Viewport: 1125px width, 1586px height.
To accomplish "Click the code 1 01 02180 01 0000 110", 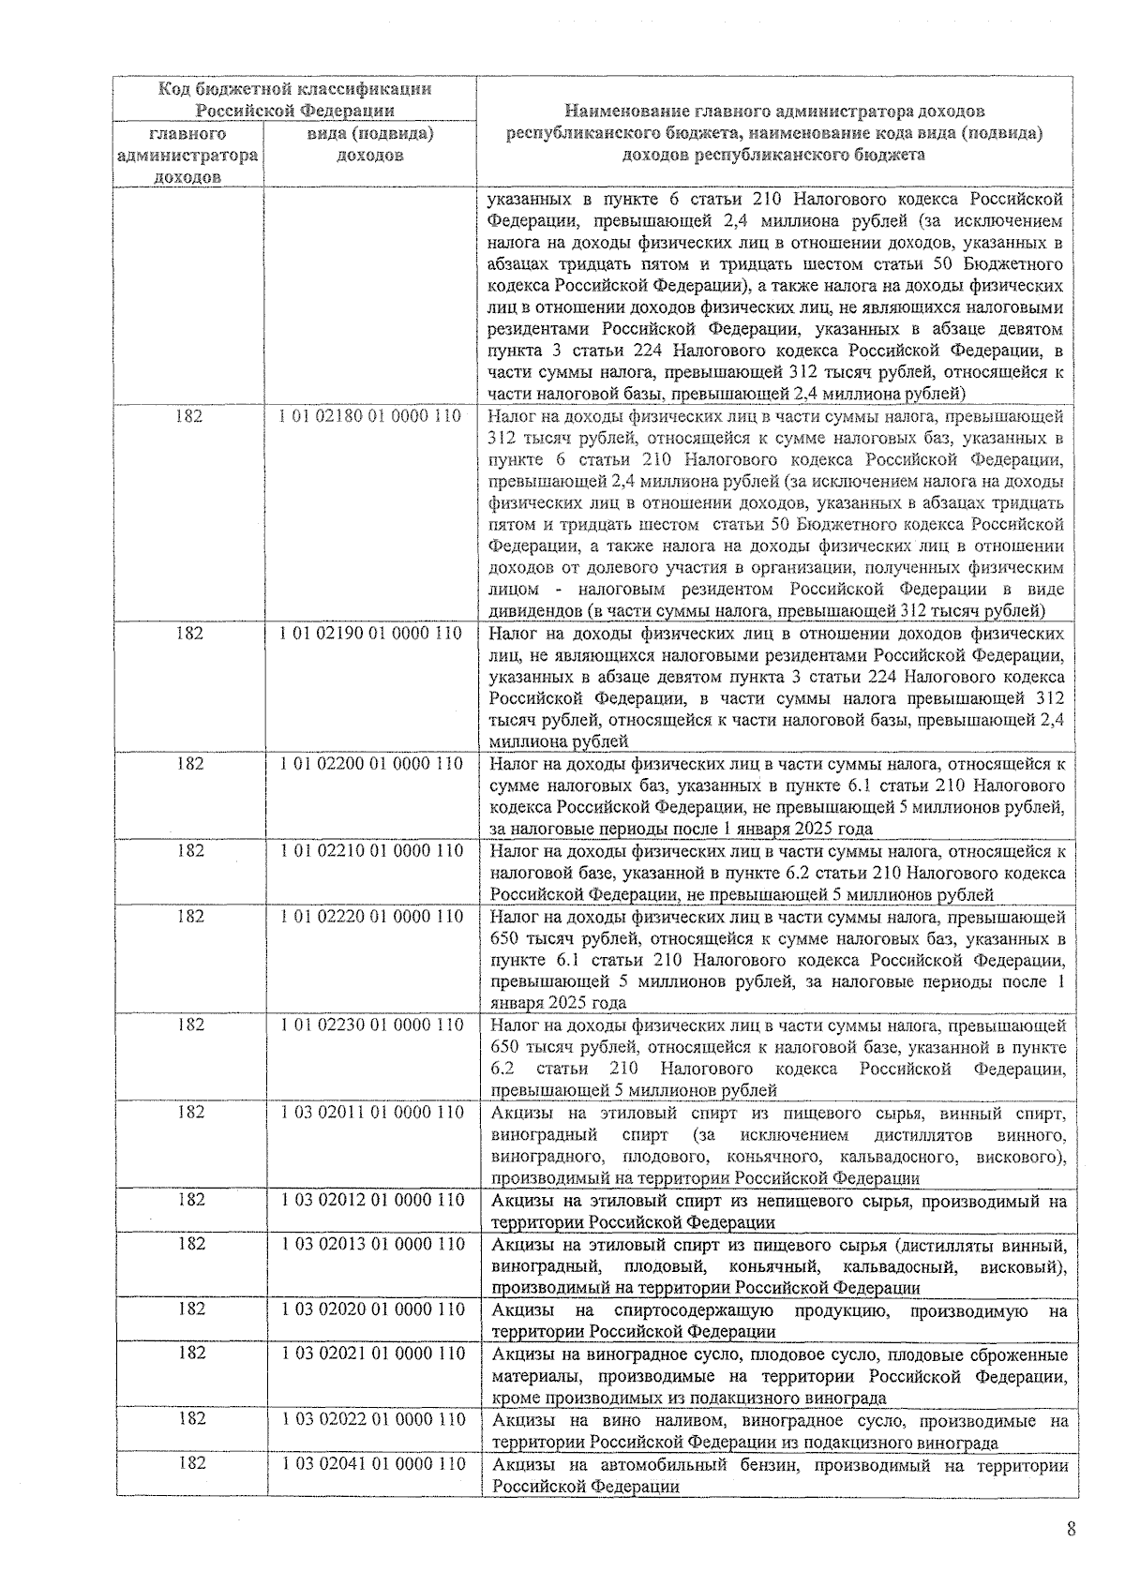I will pos(370,416).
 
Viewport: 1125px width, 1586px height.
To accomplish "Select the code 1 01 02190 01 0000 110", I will pos(370,634).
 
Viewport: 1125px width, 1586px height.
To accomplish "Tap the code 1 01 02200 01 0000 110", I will pos(371,764).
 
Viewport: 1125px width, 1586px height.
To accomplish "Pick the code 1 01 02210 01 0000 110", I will pos(371,851).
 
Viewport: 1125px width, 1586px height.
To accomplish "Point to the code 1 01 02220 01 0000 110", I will pos(371,917).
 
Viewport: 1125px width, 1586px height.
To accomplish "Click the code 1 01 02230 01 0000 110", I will pos(371,1025).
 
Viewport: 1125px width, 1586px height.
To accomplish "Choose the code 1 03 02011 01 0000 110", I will pos(372,1113).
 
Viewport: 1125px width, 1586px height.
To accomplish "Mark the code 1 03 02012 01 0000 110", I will pos(372,1200).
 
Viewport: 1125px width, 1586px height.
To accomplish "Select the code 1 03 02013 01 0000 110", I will pos(372,1244).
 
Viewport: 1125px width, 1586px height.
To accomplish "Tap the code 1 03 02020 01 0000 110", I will pos(372,1309).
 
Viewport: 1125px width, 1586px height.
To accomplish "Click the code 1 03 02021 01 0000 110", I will pos(372,1354).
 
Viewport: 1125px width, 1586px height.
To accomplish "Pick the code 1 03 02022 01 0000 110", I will pos(372,1419).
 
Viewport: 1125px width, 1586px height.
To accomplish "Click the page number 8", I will pos(1071,1530).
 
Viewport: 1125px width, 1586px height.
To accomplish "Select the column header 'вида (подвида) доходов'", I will pos(370,145).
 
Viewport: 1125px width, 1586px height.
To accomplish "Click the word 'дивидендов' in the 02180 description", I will pos(530,611).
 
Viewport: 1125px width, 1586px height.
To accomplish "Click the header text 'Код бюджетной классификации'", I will pos(294,90).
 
